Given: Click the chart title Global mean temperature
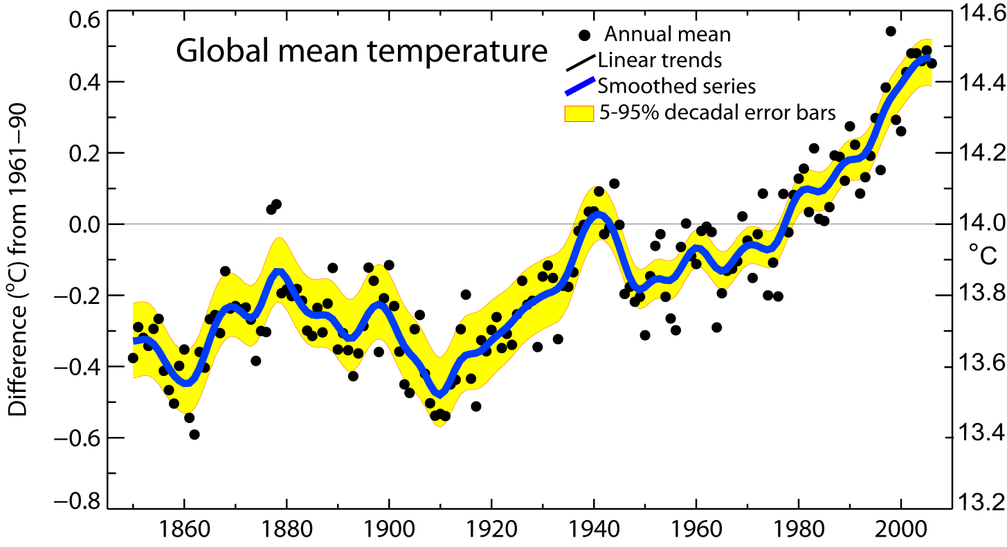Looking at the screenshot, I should point(361,52).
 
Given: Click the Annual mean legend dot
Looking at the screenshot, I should point(585,35).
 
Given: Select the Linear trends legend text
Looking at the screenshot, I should point(660,60).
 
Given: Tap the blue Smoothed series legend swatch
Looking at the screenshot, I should point(579,87).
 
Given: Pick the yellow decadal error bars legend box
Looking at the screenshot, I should point(580,113).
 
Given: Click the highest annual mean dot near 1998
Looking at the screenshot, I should point(891,31).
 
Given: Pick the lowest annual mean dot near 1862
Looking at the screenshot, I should point(194,434).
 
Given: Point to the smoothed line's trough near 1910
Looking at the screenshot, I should point(439,393).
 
